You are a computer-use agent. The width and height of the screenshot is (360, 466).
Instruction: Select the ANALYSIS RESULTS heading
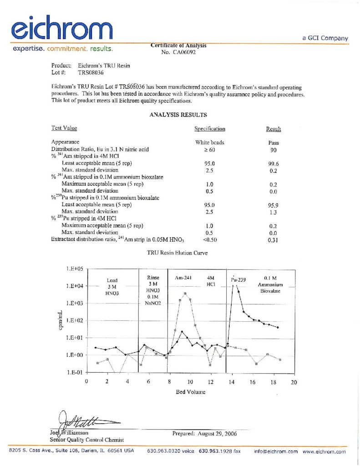[x=178, y=115]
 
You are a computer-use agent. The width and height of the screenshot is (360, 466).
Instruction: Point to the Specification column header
[x=209, y=129]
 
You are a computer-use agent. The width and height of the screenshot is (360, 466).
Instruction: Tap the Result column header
[x=273, y=129]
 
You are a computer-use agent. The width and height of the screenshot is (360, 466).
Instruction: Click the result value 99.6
[x=273, y=163]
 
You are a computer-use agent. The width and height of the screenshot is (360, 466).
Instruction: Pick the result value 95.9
[x=273, y=205]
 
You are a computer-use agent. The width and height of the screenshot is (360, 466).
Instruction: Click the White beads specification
[x=209, y=142]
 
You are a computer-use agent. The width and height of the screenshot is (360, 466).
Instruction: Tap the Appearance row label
[x=66, y=142]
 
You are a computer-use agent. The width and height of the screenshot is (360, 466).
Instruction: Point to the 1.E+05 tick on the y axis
[x=74, y=269]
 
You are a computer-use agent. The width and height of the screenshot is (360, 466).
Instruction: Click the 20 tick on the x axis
[x=294, y=382]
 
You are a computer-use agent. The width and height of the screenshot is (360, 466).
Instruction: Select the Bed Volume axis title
[x=190, y=392]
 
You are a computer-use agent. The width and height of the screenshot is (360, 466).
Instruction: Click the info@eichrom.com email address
[x=276, y=451]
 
